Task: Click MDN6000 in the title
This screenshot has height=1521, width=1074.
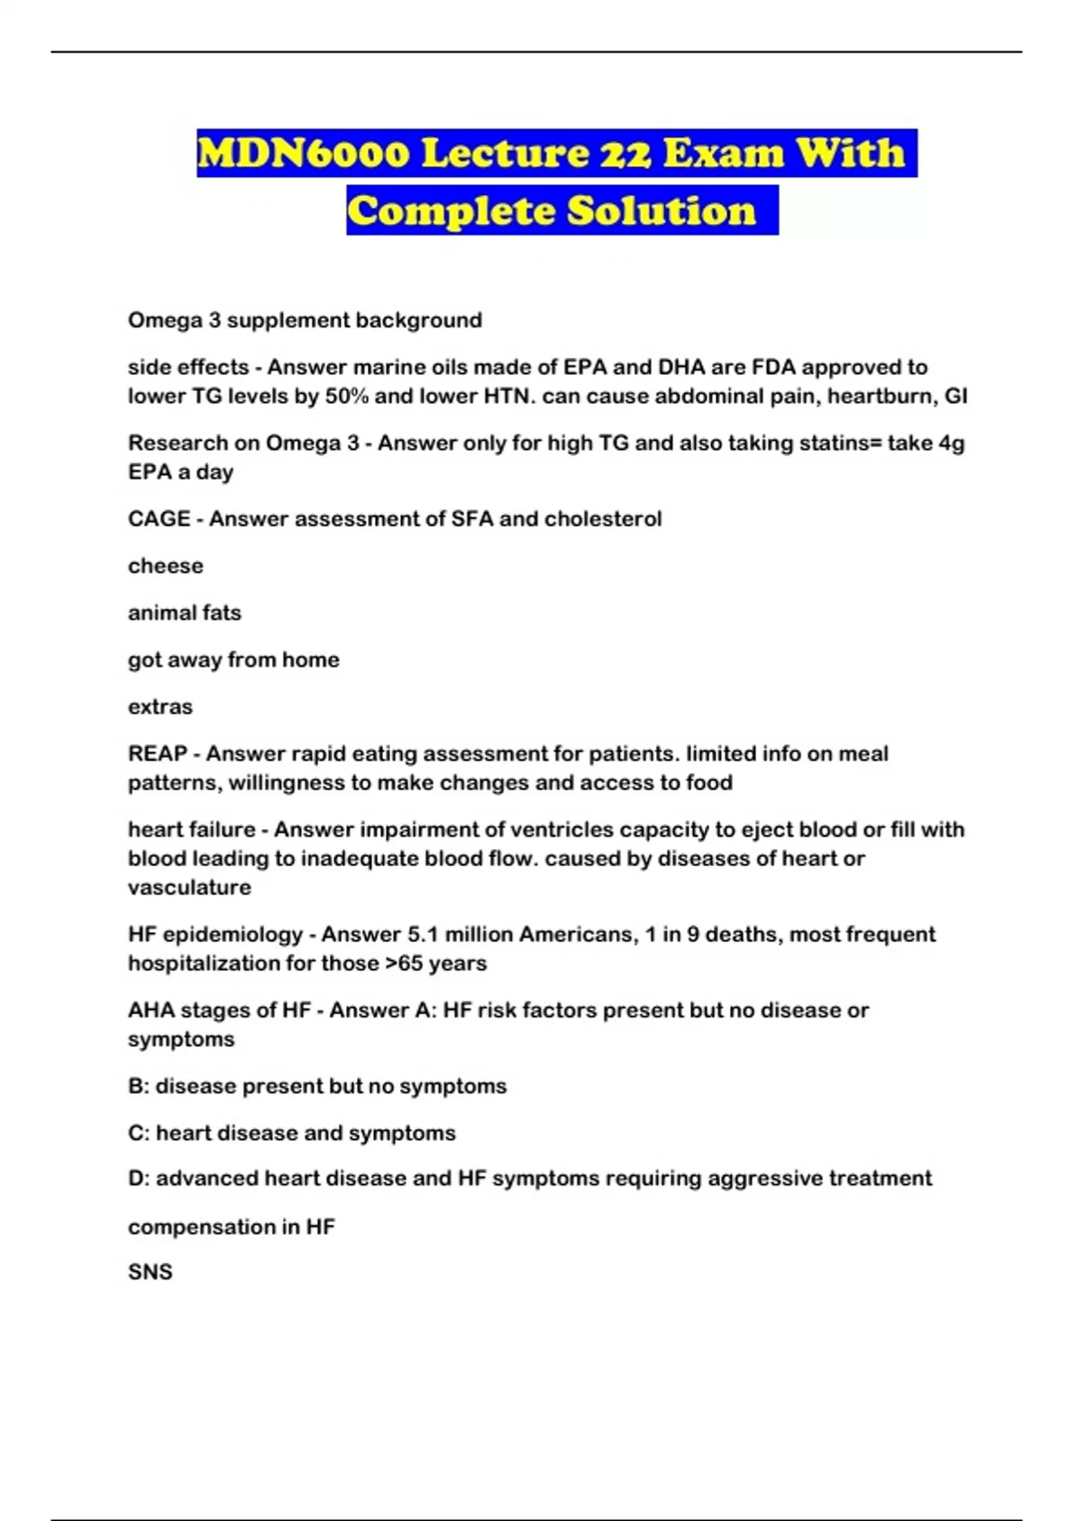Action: pyautogui.click(x=303, y=153)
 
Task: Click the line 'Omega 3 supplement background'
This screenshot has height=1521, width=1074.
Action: pyautogui.click(x=304, y=320)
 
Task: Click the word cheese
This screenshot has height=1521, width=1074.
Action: pyautogui.click(x=166, y=566)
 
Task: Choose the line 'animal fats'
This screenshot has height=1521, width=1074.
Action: pyautogui.click(x=184, y=613)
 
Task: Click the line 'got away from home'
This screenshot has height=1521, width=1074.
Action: pyautogui.click(x=234, y=660)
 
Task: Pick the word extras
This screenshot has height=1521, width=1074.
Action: pyautogui.click(x=160, y=707)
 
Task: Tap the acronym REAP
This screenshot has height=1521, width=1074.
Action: pyautogui.click(x=158, y=754)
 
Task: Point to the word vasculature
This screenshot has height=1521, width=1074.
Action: pyautogui.click(x=190, y=888)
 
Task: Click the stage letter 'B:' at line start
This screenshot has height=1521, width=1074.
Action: pyautogui.click(x=139, y=1086)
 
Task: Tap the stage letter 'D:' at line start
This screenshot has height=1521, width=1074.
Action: pyautogui.click(x=139, y=1178)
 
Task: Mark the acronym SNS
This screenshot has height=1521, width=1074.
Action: pyautogui.click(x=150, y=1272)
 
